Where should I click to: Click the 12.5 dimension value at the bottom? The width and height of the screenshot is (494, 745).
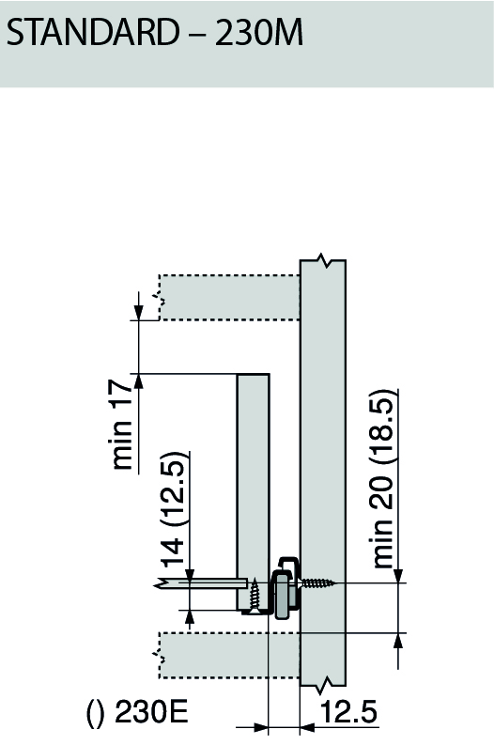(x=348, y=712)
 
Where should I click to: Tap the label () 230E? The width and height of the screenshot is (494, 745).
(x=137, y=712)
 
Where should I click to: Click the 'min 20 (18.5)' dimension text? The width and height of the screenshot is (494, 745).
(x=384, y=479)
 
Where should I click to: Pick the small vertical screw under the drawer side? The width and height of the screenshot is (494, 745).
(x=255, y=594)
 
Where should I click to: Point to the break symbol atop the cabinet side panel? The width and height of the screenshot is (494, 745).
(x=323, y=259)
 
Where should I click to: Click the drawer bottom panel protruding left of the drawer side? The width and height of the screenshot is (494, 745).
(x=202, y=583)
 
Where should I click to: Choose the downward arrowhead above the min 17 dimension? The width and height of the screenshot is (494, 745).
(x=139, y=311)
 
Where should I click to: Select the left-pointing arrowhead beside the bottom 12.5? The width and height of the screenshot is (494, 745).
(x=309, y=726)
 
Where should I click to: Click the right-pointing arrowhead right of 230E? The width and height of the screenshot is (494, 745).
(x=260, y=726)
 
